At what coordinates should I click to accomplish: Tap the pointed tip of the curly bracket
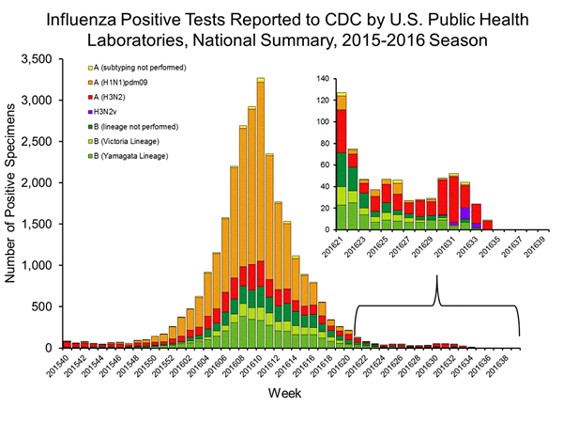click(436, 280)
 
